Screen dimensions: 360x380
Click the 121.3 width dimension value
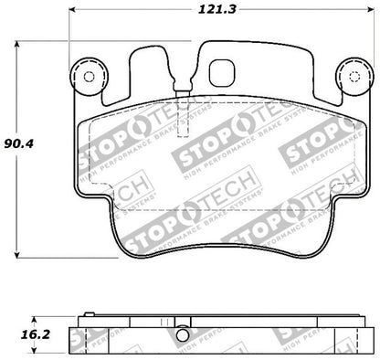(x=215, y=11)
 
